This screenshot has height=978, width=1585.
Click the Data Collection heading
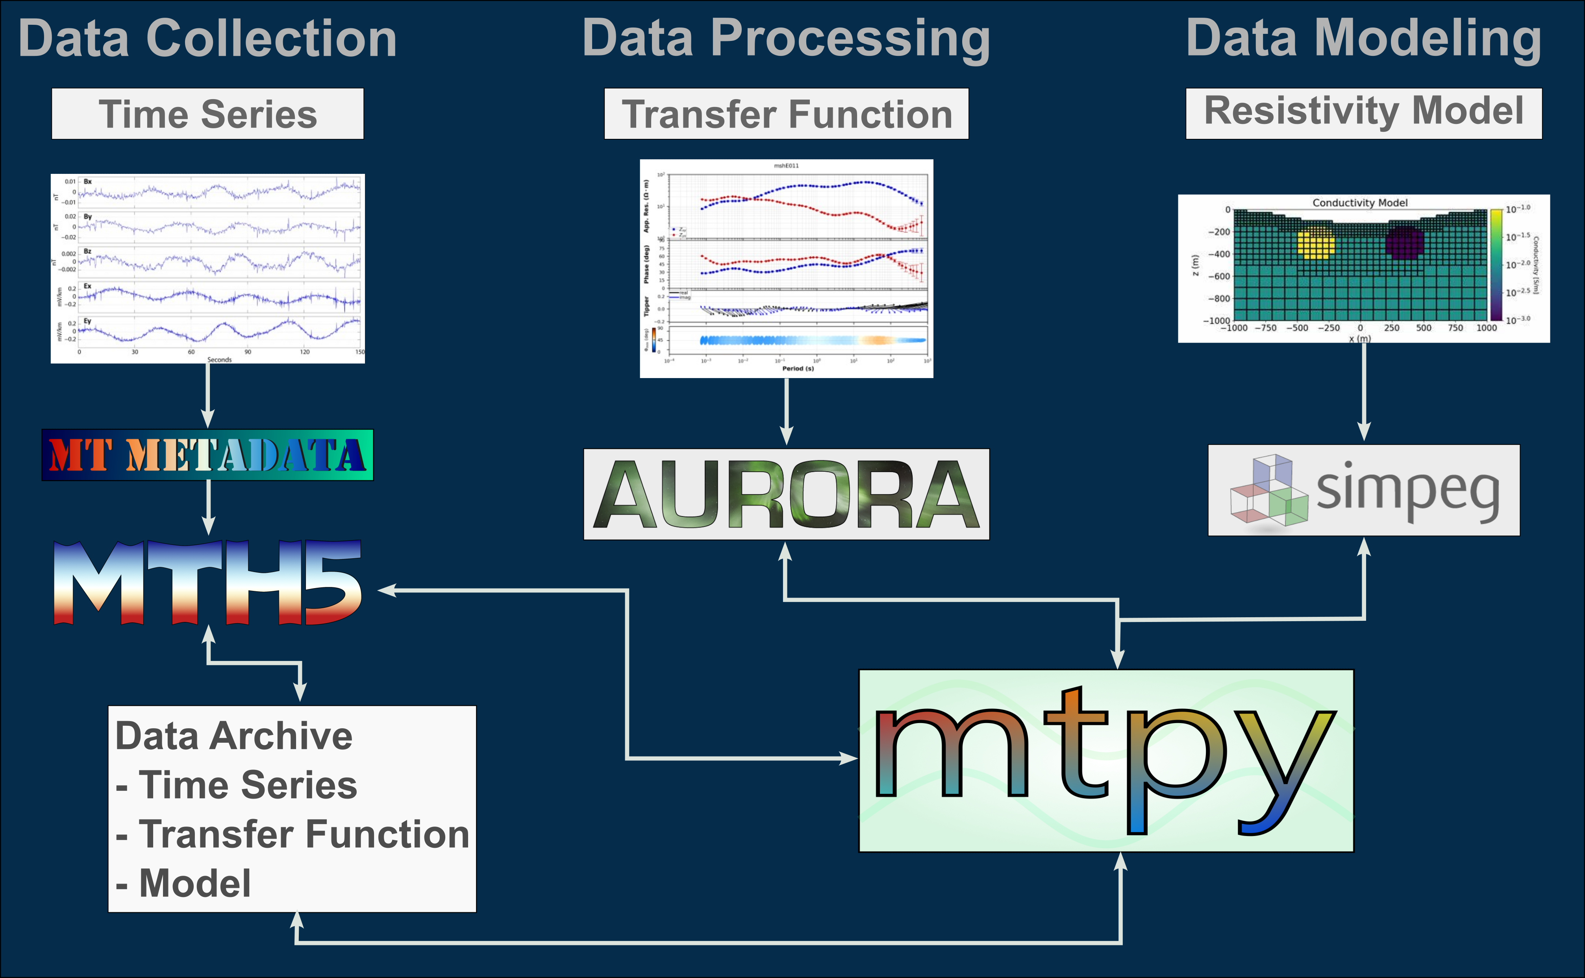coord(207,39)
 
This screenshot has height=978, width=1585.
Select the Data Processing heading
coord(786,39)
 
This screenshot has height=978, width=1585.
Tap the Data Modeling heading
coord(1363,39)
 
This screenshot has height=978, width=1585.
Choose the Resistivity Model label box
coord(1363,111)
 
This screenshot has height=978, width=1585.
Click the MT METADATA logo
coord(207,455)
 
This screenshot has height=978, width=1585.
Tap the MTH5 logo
coord(207,582)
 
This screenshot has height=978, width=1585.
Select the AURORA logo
coord(786,494)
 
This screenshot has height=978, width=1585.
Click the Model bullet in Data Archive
coord(194,884)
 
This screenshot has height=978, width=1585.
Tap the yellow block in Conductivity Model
coord(1315,245)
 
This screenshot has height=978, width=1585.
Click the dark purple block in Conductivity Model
coord(1404,243)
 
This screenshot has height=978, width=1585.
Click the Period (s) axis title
coord(797,369)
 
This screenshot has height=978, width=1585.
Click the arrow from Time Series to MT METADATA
coord(208,395)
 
